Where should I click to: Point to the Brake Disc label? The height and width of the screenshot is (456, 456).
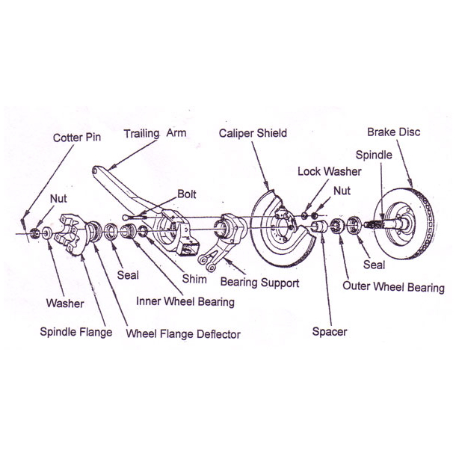393,132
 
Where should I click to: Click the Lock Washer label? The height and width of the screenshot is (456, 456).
329,171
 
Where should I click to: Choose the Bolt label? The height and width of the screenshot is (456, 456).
187,194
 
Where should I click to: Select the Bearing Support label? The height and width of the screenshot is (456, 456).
259,283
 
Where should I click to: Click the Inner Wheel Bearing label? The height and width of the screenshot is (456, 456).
185,302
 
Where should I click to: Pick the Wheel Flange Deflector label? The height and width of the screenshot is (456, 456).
183,334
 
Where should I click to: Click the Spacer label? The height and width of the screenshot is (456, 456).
329,331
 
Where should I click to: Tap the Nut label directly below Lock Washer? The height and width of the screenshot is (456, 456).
342,191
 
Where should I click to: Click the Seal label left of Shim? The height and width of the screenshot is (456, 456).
128,275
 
